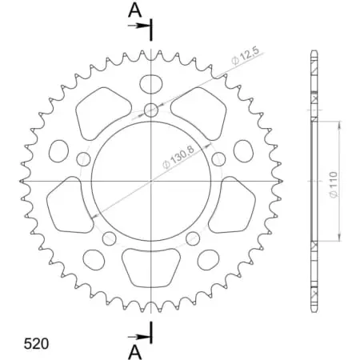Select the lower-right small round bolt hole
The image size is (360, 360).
pos(192,238)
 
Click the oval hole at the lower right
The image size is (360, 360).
pos(209,258)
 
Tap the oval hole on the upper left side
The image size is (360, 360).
pos(59,150)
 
